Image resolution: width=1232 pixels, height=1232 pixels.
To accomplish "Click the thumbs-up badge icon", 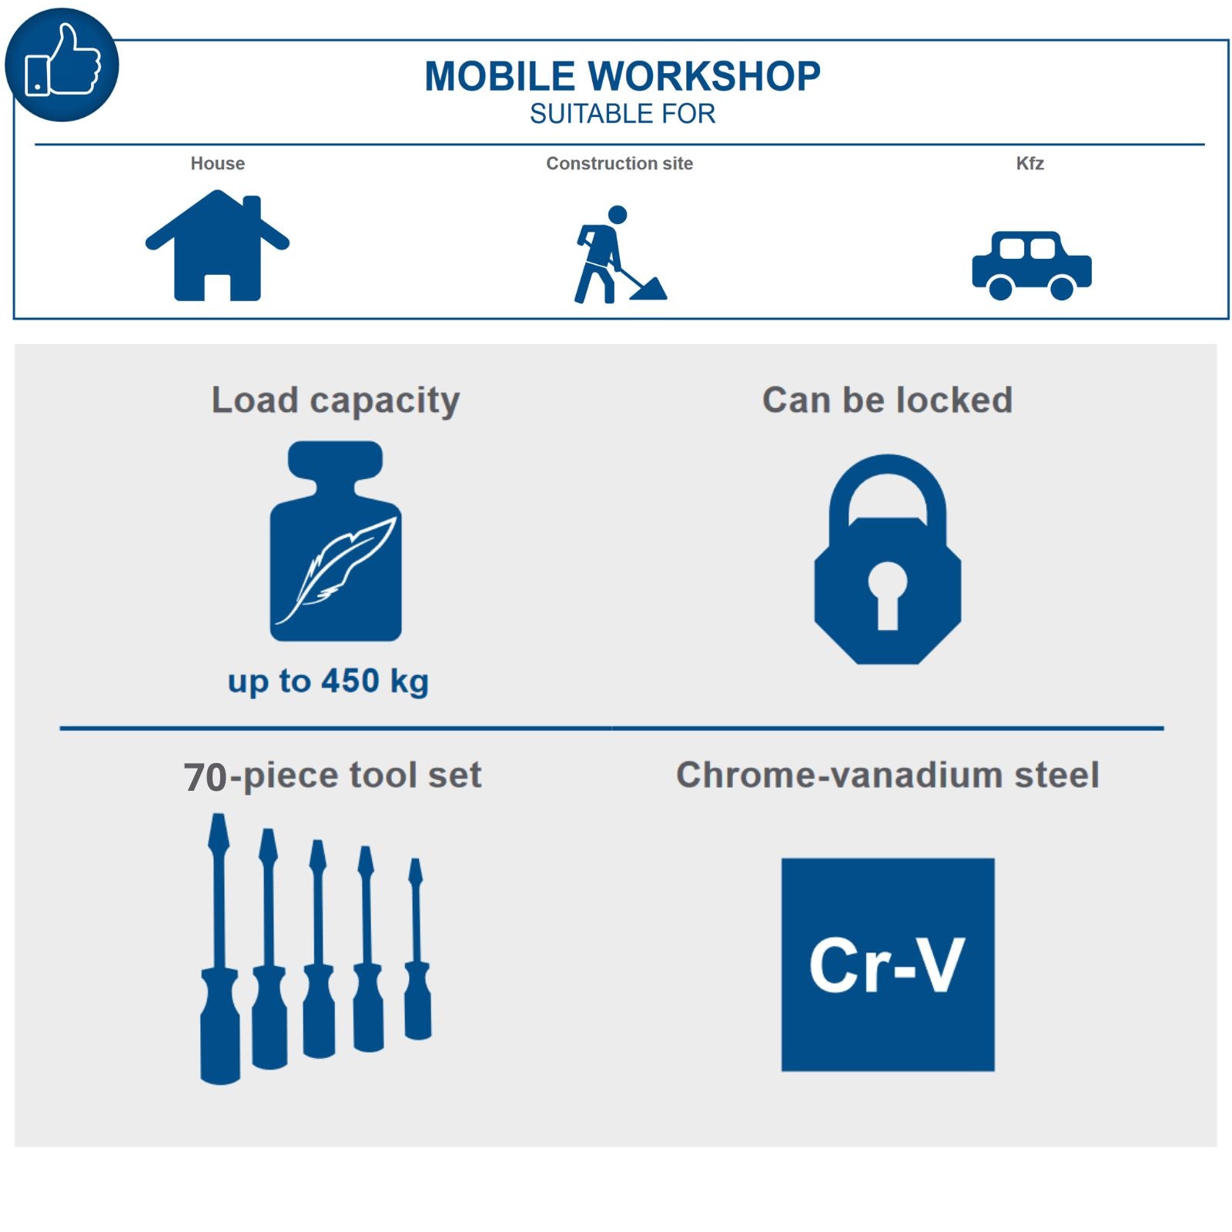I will coord(62,65).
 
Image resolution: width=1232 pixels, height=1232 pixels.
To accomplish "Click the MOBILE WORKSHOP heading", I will coord(622,76).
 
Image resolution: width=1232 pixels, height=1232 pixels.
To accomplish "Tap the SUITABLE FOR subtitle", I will coord(622,114).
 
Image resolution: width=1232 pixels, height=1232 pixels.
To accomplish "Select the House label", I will coord(217,163).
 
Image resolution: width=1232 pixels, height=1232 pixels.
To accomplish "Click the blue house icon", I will coord(217,246).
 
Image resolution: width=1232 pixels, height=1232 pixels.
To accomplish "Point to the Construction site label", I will coord(619,163).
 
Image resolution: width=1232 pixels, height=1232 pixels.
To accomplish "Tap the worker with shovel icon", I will coord(616,256).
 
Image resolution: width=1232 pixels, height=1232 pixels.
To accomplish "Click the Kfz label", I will coord(1029,163).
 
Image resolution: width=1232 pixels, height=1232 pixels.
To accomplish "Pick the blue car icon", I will coord(1031,266).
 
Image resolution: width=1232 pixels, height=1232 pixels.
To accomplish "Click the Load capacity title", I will coord(335,400).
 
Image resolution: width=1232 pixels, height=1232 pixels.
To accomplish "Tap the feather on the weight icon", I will coord(336,570).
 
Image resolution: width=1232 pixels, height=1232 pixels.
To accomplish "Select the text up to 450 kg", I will coord(328,681).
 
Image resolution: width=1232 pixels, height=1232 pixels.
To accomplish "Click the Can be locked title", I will coord(887,400).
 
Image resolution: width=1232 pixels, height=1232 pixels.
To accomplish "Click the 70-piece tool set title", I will coord(332,775).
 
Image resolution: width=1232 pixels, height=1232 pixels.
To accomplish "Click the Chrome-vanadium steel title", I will coord(887,775).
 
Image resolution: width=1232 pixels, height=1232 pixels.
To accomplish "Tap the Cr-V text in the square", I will coord(886,965).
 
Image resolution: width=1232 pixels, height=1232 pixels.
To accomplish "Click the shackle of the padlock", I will coord(887,477).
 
